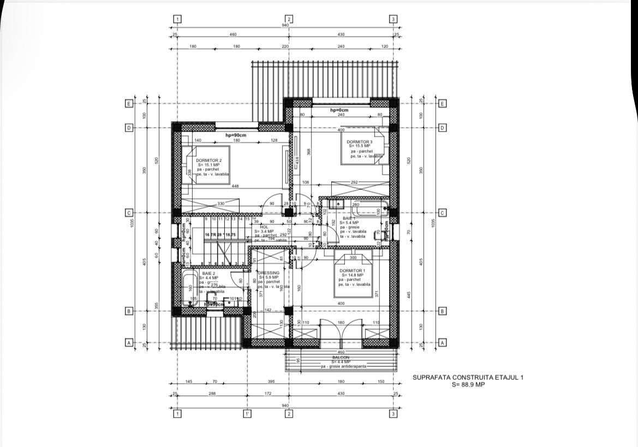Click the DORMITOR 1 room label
pyautogui.click(x=353, y=271)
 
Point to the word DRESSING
pyautogui.click(x=269, y=273)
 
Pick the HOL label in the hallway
pyautogui.click(x=264, y=227)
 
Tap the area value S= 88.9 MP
pyautogui.click(x=468, y=385)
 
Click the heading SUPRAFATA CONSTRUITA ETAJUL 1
pyautogui.click(x=468, y=377)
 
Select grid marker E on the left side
pyautogui.click(x=129, y=103)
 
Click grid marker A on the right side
pyautogui.click(x=443, y=343)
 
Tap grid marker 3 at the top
pyautogui.click(x=393, y=19)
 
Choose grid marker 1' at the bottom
pyautogui.click(x=247, y=414)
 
